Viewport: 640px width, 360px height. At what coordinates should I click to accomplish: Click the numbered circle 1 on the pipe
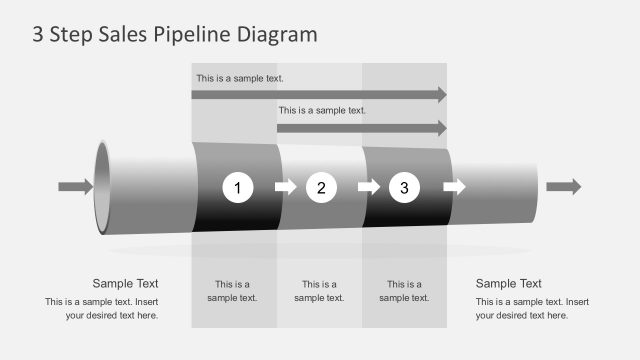tap(238, 187)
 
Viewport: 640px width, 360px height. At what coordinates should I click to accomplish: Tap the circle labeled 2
tap(321, 187)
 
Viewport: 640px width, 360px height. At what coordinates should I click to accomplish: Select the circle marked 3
tap(404, 187)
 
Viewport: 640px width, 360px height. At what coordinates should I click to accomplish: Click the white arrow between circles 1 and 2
tap(286, 187)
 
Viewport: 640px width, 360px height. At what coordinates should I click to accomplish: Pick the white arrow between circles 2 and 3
tap(369, 187)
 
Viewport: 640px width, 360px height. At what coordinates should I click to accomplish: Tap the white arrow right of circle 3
tap(454, 187)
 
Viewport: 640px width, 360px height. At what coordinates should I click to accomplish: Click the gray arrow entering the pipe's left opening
tap(75, 187)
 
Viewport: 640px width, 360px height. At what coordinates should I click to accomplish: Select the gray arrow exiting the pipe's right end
tap(563, 187)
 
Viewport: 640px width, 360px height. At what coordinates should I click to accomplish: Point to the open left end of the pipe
tap(103, 187)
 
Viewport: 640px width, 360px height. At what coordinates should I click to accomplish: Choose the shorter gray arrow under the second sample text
tap(361, 128)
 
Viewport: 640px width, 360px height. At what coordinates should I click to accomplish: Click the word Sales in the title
tap(124, 34)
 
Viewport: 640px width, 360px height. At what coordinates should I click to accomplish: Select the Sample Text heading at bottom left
tap(125, 283)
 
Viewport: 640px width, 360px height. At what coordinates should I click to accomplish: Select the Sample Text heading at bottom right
tap(508, 283)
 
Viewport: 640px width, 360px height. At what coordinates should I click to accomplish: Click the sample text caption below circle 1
tap(232, 291)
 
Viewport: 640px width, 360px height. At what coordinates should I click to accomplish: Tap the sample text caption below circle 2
tap(319, 291)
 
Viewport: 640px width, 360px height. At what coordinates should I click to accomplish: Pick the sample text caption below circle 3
tap(404, 291)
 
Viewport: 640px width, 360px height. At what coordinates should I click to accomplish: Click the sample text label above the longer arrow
tap(240, 78)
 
